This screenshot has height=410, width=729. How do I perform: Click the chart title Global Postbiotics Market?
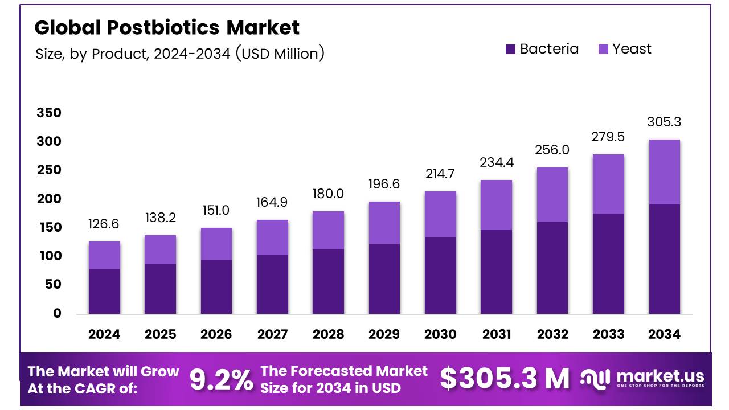167,27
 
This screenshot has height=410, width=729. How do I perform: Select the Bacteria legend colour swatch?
510,50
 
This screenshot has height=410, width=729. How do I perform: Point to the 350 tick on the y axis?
48,113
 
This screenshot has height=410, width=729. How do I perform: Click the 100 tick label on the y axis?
48,256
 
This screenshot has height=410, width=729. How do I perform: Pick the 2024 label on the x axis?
104,334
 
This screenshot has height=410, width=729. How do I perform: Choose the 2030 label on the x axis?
440,334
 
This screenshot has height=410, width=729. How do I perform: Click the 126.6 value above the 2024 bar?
104,224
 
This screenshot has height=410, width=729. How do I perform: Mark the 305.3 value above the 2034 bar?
664,122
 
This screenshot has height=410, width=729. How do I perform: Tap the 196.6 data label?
384,184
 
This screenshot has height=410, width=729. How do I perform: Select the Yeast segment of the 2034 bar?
664,172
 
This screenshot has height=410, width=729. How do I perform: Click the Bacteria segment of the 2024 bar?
104,291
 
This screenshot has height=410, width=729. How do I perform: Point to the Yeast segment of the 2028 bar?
328,230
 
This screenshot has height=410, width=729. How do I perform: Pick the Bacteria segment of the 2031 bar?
496,272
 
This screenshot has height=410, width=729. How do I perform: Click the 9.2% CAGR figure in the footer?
221,380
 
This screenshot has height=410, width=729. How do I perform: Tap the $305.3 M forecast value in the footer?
505,379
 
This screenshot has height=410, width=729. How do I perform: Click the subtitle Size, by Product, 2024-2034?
180,54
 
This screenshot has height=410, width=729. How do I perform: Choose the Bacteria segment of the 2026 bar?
216,286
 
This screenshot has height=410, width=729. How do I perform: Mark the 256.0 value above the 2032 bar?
552,150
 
